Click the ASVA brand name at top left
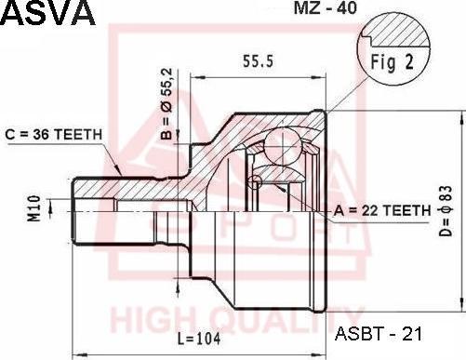point(48,12)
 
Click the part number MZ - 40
point(326,8)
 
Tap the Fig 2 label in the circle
point(393,61)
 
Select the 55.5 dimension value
point(258,60)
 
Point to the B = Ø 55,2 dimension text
point(166,103)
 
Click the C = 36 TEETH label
point(53,134)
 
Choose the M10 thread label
point(34,208)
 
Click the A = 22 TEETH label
point(382,211)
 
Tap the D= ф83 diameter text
point(446,211)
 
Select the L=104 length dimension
point(199,339)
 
